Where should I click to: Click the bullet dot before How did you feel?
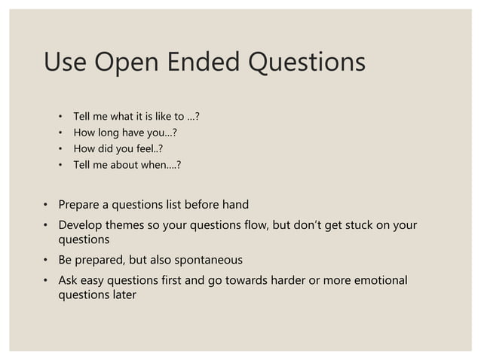[60, 149]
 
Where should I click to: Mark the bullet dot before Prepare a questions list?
[45, 205]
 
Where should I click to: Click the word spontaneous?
[208, 260]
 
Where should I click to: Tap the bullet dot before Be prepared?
[45, 261]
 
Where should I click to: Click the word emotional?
[378, 280]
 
